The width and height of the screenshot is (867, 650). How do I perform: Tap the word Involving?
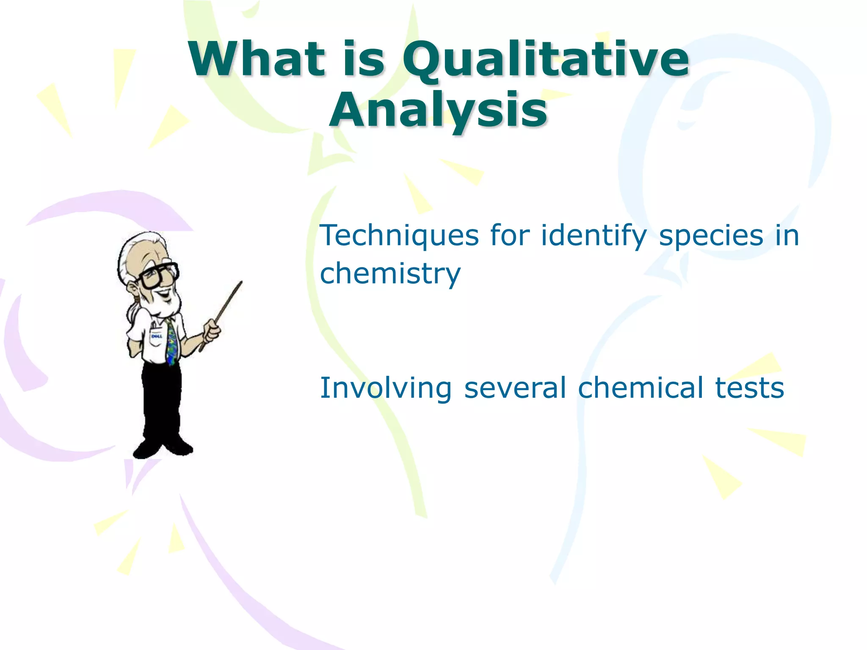click(386, 388)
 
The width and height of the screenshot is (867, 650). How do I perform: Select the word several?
click(515, 388)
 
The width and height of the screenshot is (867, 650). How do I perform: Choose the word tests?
click(749, 388)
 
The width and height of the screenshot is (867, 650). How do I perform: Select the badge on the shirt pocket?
click(156, 336)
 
